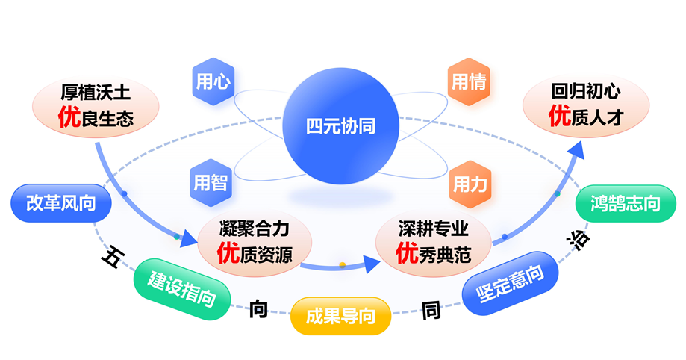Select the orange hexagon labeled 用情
tap(469, 81)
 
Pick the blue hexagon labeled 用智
tap(211, 181)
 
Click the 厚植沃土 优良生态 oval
tap(96, 105)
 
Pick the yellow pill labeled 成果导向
tap(341, 315)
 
